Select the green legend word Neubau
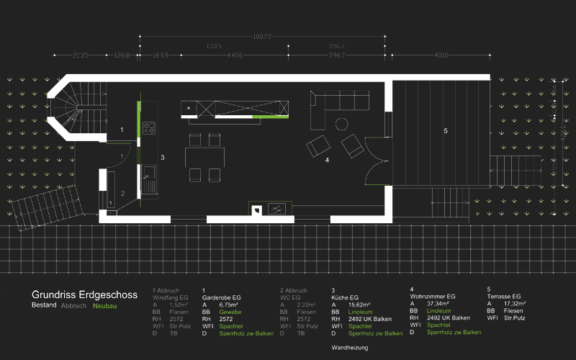(104, 306)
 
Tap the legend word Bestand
(44, 306)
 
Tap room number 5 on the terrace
(446, 130)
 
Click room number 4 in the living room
(327, 160)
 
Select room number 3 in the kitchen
(163, 156)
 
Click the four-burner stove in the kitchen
(149, 128)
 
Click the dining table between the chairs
(204, 156)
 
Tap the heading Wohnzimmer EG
(433, 296)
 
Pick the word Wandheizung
(350, 348)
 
